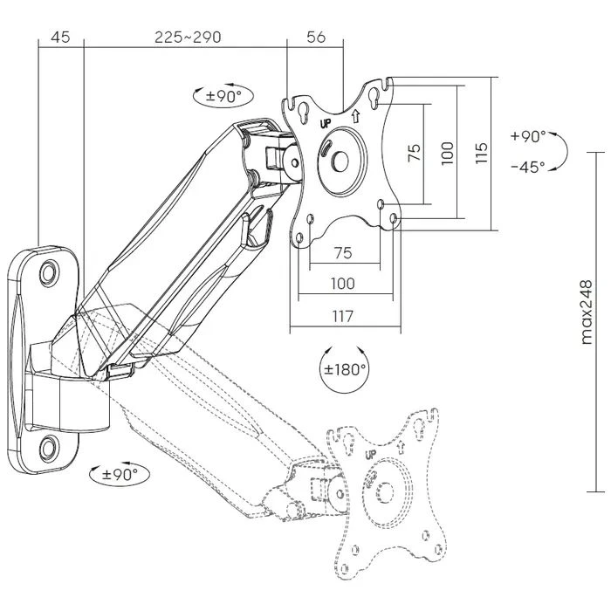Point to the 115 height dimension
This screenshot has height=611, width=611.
pyautogui.click(x=480, y=154)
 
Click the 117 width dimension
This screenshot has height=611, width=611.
pyautogui.click(x=343, y=318)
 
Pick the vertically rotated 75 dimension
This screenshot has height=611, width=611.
pyautogui.click(x=415, y=153)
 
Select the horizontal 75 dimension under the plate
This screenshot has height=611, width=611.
pyautogui.click(x=343, y=252)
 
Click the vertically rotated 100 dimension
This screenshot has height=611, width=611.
pyautogui.click(x=447, y=154)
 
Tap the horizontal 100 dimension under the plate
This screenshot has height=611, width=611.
pyautogui.click(x=343, y=283)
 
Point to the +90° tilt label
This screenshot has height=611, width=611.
pyautogui.click(x=528, y=137)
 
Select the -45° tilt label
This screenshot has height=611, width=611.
pyautogui.click(x=528, y=166)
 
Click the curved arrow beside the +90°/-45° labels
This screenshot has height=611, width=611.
pyautogui.click(x=561, y=152)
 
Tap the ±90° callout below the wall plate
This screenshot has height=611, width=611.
pyautogui.click(x=116, y=475)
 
